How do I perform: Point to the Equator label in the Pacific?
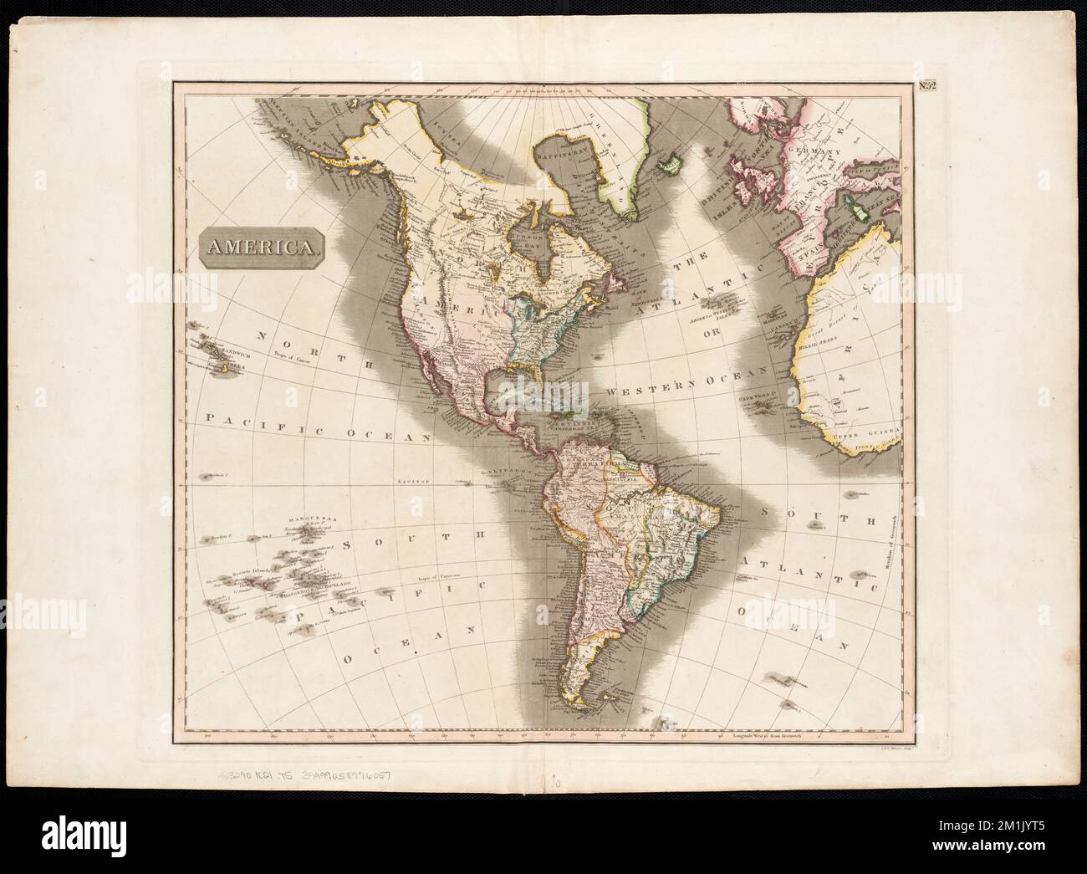pyautogui.click(x=411, y=483)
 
